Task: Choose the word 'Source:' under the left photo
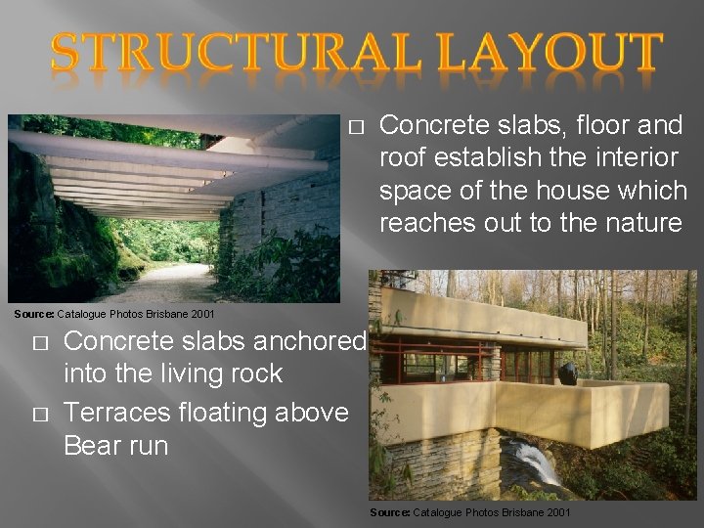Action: coord(33,314)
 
